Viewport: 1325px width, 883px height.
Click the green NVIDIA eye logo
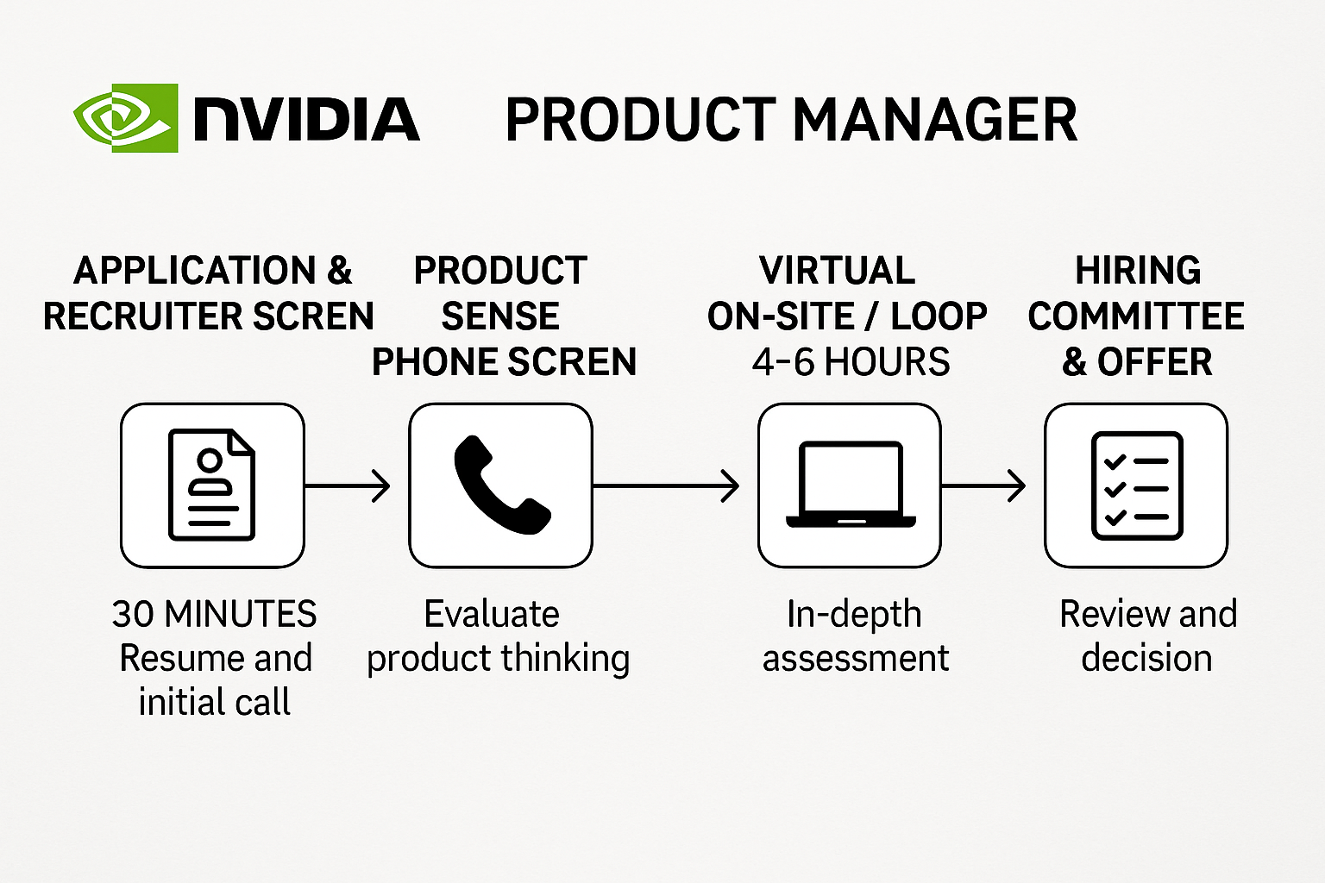pyautogui.click(x=126, y=118)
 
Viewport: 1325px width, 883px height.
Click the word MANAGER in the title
pyautogui.click(x=935, y=120)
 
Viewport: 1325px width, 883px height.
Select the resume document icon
pyautogui.click(x=212, y=485)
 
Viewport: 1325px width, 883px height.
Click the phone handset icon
pyautogui.click(x=501, y=485)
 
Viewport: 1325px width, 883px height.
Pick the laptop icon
pyautogui.click(x=850, y=485)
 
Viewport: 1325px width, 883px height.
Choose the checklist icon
pyautogui.click(x=1136, y=485)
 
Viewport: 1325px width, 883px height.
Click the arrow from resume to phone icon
pyautogui.click(x=348, y=485)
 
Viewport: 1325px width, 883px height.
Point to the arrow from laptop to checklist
pyautogui.click(x=983, y=485)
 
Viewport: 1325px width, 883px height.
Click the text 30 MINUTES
pyautogui.click(x=214, y=614)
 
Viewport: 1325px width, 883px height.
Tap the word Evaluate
pyautogui.click(x=492, y=614)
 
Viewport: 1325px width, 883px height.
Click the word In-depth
pyautogui.click(x=854, y=614)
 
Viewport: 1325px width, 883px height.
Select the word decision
pyautogui.click(x=1146, y=658)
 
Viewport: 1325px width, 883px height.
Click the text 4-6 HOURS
pyautogui.click(x=851, y=362)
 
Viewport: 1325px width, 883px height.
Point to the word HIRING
pyautogui.click(x=1138, y=271)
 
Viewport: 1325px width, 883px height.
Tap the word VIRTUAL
pyautogui.click(x=837, y=271)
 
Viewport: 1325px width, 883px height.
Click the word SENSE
pyautogui.click(x=500, y=316)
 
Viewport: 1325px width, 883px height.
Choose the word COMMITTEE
pyautogui.click(x=1136, y=316)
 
